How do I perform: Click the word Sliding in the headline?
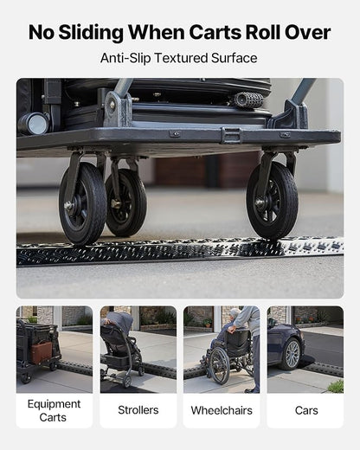click(91, 33)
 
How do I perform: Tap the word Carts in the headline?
click(215, 32)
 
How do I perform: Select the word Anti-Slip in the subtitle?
click(125, 58)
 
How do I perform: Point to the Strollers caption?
click(138, 410)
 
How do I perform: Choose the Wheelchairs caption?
click(222, 410)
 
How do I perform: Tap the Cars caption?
click(306, 410)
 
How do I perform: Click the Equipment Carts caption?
click(54, 410)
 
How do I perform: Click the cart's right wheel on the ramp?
click(273, 200)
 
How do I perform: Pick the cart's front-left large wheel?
click(83, 203)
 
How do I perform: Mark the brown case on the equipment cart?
click(42, 352)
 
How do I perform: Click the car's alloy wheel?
click(292, 354)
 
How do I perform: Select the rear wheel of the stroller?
click(127, 382)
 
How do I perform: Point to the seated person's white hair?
click(235, 312)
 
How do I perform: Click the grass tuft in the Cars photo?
click(336, 386)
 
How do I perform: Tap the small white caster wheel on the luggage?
click(34, 124)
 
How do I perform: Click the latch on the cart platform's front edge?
click(231, 135)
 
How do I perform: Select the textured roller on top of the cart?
click(248, 100)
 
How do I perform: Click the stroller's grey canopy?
click(118, 322)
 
